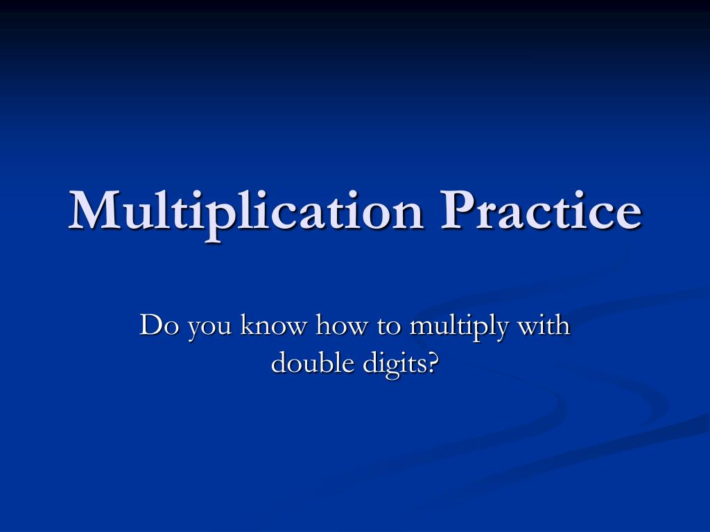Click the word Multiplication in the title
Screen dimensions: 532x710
[x=246, y=211]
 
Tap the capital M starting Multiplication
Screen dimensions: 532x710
[x=94, y=210]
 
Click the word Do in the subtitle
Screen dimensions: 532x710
[x=156, y=325]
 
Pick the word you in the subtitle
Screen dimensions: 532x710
[x=208, y=328]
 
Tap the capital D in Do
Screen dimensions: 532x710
[x=150, y=324]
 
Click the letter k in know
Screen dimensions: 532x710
[x=246, y=324]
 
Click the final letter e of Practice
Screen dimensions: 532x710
[x=626, y=214]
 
